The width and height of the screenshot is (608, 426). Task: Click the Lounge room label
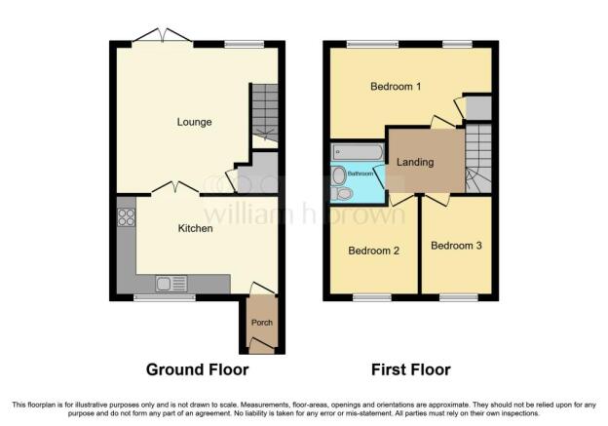(x=194, y=122)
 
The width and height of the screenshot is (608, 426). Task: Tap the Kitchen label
(x=195, y=228)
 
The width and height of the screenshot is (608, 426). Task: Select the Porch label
(x=262, y=323)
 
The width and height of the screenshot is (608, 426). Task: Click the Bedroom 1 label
(x=396, y=86)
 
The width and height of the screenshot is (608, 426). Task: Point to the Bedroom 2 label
(x=374, y=251)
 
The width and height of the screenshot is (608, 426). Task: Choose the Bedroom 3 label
(x=456, y=246)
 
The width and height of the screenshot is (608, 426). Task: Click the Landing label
(x=415, y=162)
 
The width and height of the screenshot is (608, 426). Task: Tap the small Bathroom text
(x=361, y=174)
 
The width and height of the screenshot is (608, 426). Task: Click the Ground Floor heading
(x=198, y=369)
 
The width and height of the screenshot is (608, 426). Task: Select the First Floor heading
(x=411, y=369)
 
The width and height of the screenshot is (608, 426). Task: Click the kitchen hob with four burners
(x=126, y=217)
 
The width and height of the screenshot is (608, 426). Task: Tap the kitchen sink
(x=171, y=284)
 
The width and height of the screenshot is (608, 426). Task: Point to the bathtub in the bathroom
(x=358, y=152)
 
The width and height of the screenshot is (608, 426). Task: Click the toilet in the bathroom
(x=341, y=194)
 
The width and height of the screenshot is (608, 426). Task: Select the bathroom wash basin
(x=339, y=175)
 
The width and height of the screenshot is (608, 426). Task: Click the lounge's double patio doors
(x=162, y=36)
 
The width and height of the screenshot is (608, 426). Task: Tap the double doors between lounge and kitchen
(x=175, y=187)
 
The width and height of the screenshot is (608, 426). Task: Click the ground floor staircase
(x=265, y=116)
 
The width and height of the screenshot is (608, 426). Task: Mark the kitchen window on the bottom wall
(x=165, y=297)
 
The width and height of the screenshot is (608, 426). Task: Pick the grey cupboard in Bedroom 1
(x=478, y=108)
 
